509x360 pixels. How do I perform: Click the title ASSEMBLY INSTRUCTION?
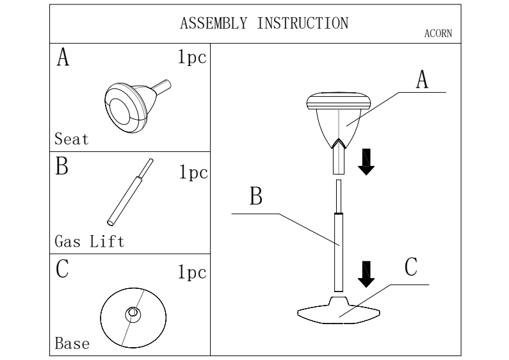click(264, 24)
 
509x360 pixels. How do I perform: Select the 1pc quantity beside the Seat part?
click(191, 58)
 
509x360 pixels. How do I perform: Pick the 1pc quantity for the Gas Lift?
click(191, 175)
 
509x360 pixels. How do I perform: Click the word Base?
click(72, 344)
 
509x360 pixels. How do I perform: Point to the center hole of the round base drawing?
click(133, 313)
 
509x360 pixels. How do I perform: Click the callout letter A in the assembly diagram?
click(421, 80)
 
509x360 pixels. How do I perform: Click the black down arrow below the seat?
click(367, 161)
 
